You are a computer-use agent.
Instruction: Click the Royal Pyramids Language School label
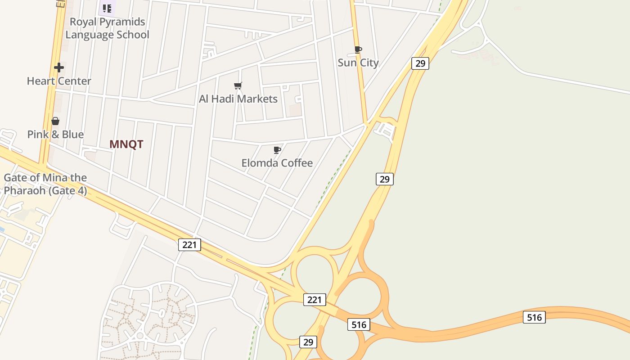click(107, 28)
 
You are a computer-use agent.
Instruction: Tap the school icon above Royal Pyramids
click(107, 8)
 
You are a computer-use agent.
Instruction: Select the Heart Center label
click(59, 81)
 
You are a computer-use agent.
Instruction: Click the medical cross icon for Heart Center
click(59, 68)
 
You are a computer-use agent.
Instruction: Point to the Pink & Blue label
click(55, 134)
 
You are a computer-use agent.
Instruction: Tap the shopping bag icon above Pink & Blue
click(55, 121)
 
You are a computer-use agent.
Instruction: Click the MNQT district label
click(126, 144)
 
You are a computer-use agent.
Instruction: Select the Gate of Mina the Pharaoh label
click(45, 184)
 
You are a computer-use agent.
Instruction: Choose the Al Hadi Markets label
click(238, 99)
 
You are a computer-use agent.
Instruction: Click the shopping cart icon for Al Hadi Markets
click(238, 85)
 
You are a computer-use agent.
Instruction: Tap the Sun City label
click(358, 63)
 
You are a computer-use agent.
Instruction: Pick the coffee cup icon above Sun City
click(358, 49)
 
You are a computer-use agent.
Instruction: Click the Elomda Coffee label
click(277, 162)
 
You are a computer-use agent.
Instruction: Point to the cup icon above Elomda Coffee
click(277, 150)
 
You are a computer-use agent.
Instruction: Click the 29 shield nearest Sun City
click(420, 63)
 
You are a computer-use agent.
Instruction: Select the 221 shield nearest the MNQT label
click(189, 244)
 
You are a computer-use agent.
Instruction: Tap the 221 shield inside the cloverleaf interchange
click(314, 299)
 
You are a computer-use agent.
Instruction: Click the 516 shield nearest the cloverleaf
click(359, 324)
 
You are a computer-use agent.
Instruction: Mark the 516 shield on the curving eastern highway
click(534, 317)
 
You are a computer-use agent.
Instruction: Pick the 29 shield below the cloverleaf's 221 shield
click(308, 342)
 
